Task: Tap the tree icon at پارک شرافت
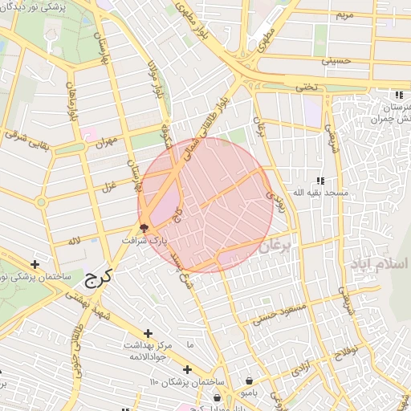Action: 144,228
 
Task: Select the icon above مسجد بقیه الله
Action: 321,181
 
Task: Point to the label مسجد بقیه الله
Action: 321,193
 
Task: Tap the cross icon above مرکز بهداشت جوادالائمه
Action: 148,332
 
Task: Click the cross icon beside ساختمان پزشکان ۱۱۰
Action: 187,369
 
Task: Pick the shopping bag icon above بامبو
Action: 250,380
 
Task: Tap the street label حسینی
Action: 336,60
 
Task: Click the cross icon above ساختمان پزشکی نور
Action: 35,263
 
